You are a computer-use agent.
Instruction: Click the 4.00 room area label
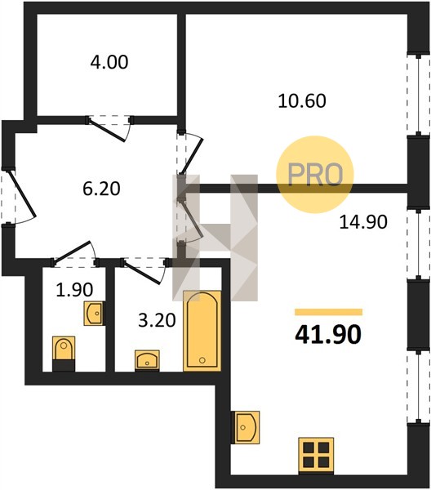coord(109,62)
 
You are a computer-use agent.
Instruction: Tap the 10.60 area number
coord(302,101)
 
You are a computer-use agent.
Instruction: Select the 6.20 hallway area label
coord(101,189)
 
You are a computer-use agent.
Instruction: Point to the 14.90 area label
coord(363,222)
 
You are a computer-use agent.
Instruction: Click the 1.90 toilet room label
coord(74,290)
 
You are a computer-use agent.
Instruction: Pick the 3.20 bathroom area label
coord(157,320)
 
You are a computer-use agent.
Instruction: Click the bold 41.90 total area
coord(328,334)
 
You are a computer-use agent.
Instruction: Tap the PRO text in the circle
coord(315,175)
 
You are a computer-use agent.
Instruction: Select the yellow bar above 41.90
coord(329,312)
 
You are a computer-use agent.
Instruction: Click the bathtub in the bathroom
coord(202,331)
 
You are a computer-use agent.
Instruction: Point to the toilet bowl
coord(64,354)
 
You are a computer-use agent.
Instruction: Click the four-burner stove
coord(316,456)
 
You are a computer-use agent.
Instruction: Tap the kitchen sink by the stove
coord(246,427)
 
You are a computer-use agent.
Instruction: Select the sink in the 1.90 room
coord(94,314)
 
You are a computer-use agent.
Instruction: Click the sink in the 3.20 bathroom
coord(147,361)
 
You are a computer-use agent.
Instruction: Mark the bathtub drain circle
coord(202,360)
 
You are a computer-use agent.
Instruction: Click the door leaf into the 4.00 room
coord(106,130)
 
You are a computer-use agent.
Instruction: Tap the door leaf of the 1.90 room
coord(72,251)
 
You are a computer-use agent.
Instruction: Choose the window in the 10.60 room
coord(419,95)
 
